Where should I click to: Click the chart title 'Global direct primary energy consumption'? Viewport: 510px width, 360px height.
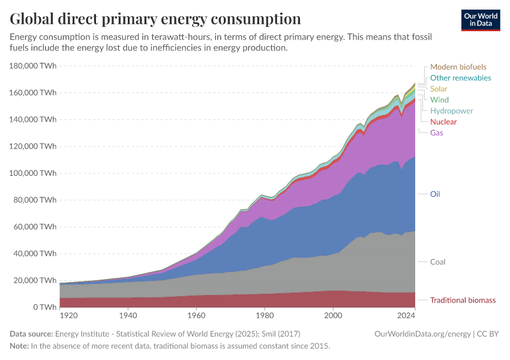point(155,19)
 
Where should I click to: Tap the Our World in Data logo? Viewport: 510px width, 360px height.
point(480,20)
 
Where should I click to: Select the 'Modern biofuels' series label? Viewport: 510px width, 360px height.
point(458,67)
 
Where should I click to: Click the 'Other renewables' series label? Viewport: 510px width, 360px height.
point(460,78)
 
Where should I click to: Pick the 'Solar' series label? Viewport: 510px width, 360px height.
point(439,89)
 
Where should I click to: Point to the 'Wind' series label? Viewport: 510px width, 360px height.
point(439,100)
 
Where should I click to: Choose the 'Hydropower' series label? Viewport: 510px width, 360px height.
point(451,111)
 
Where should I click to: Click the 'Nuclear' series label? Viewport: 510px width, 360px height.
point(443,122)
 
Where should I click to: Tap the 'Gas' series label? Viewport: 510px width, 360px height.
point(437,133)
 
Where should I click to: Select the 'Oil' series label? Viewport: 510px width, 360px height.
point(435,194)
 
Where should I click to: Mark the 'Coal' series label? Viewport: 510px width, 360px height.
point(437,262)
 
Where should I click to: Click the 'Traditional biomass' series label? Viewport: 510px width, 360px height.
point(463,300)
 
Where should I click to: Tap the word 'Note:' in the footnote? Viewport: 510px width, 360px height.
point(20,346)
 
